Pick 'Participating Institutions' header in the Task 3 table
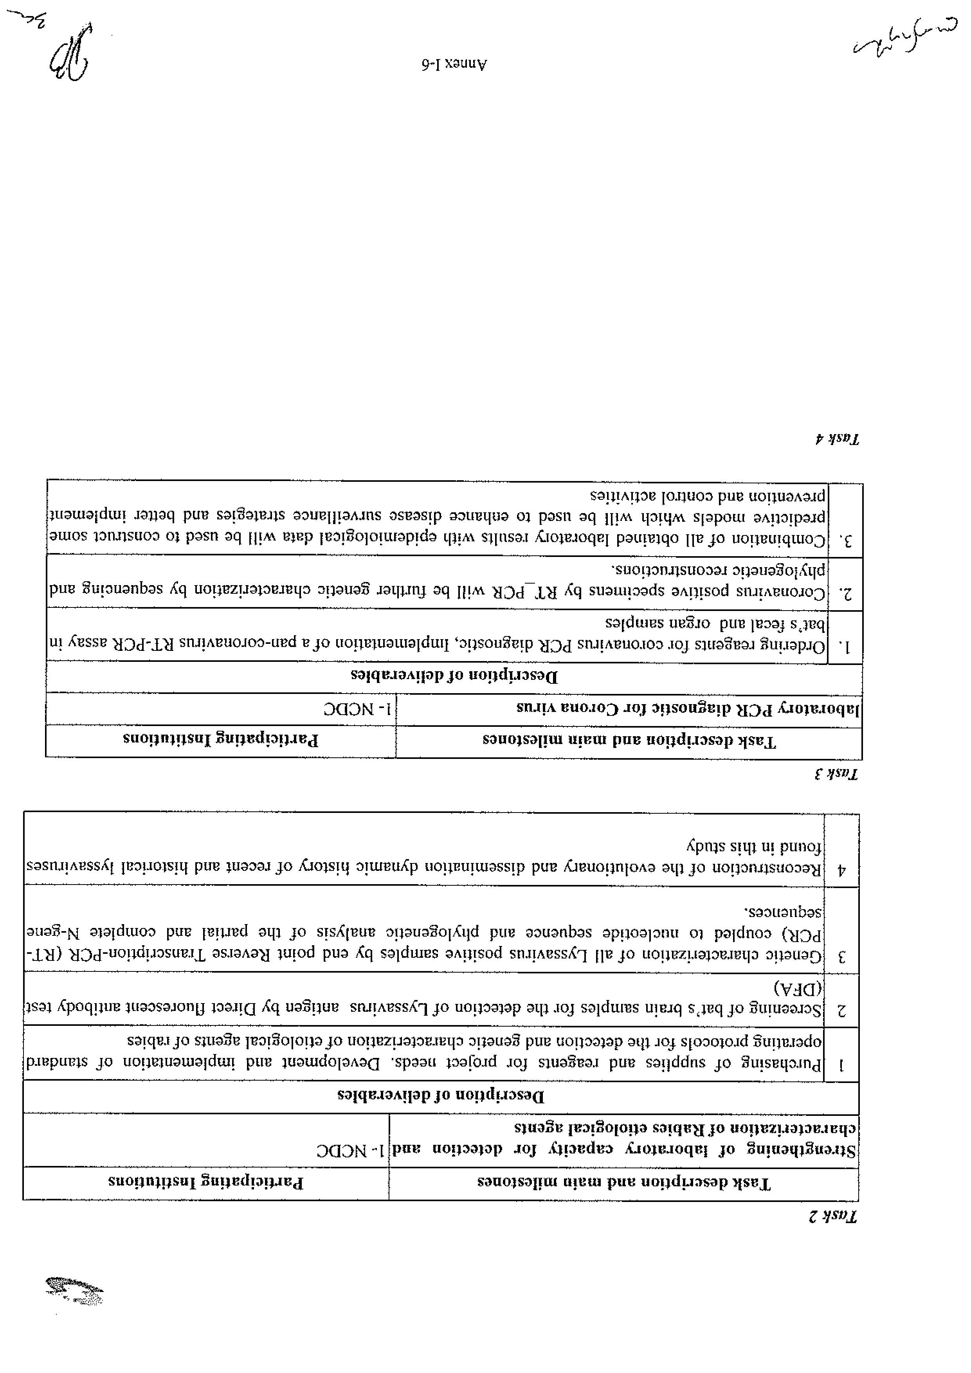tap(221, 740)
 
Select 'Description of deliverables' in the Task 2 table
tap(441, 1096)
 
